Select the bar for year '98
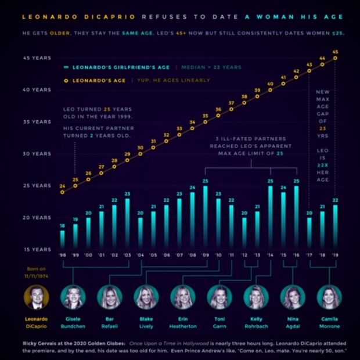point(62,239)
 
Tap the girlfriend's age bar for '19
point(335,226)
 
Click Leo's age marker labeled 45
point(335,58)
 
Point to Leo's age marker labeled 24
point(62,192)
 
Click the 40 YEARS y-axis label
point(37,90)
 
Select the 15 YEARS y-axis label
point(37,249)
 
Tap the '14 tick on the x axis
point(270,255)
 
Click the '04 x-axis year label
point(140,255)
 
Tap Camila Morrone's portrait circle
point(329,297)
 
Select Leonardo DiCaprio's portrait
point(37,297)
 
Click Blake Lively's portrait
point(146,297)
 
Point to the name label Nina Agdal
point(293,322)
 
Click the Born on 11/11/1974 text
point(37,273)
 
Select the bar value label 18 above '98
point(62,225)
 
